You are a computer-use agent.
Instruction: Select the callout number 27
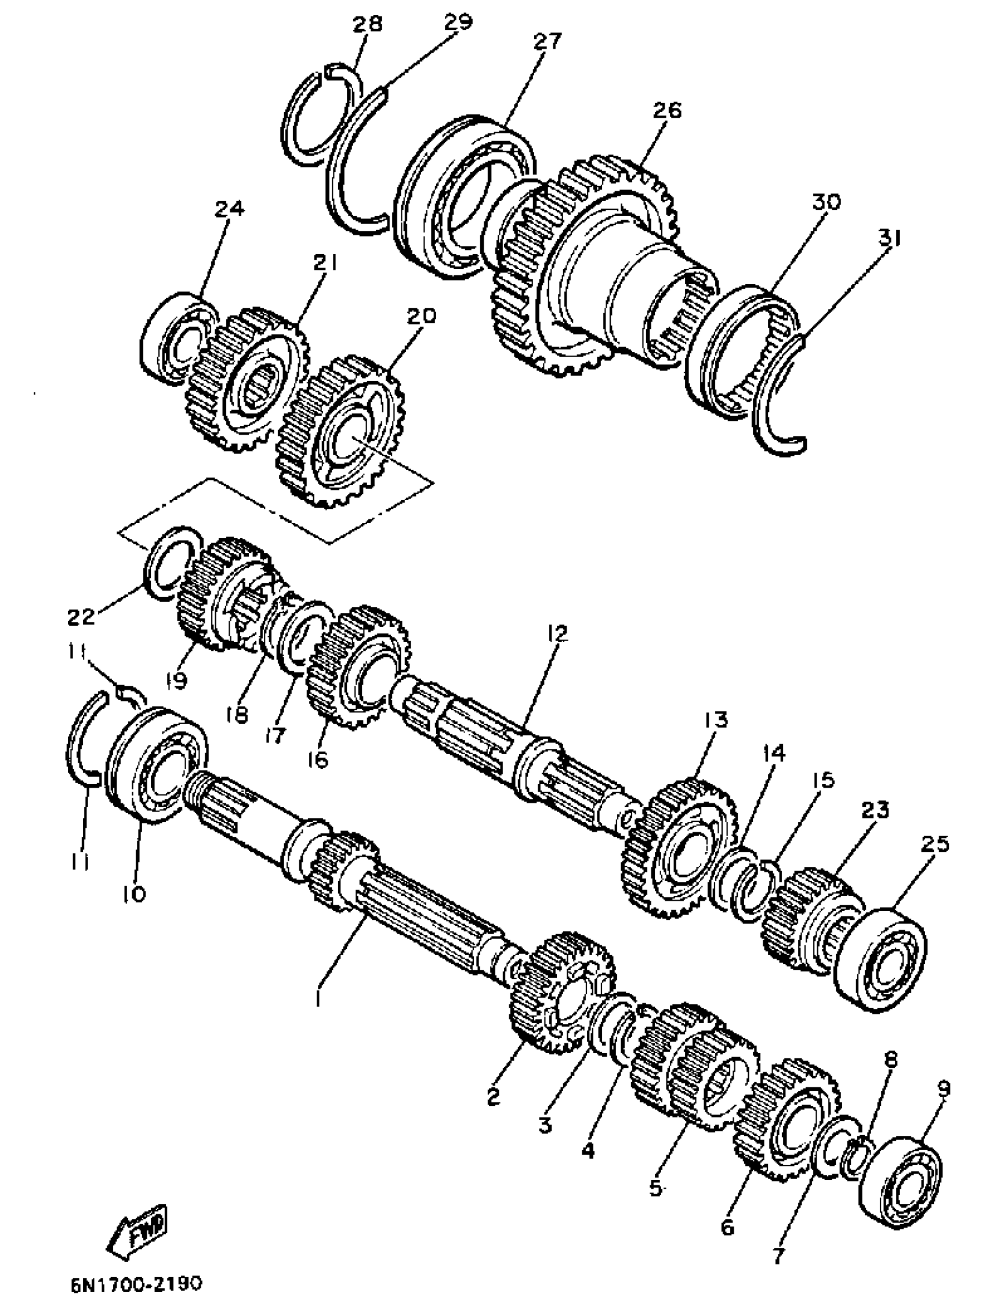click(547, 42)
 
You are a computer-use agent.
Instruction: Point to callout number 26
click(666, 111)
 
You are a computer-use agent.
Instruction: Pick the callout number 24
click(228, 209)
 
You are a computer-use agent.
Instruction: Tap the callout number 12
click(557, 634)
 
